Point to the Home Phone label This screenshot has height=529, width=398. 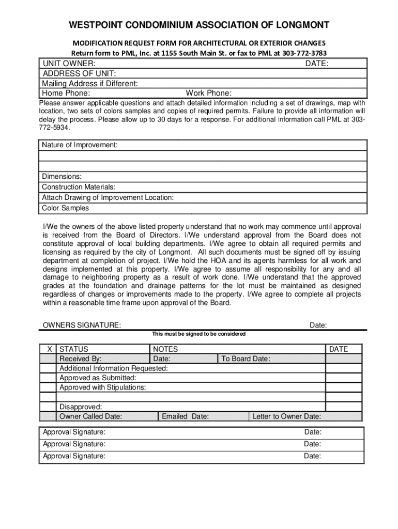[x=66, y=93]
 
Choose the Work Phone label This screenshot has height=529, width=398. [x=208, y=93]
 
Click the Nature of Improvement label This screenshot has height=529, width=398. [x=80, y=146]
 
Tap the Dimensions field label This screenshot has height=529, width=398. [x=62, y=176]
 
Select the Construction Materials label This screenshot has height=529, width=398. [x=79, y=186]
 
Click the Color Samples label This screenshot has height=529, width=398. [x=65, y=208]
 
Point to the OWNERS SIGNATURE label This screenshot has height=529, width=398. [x=82, y=325]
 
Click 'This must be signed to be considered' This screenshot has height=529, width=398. [x=198, y=334]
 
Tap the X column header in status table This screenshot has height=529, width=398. [x=49, y=349]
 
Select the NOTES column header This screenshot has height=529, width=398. [x=165, y=349]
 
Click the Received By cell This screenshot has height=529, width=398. [x=81, y=359]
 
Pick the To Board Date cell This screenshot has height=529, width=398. [x=246, y=359]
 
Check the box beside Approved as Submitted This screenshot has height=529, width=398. [x=49, y=378]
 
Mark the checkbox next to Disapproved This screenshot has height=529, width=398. [x=49, y=407]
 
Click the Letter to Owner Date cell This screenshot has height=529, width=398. [x=286, y=416]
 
